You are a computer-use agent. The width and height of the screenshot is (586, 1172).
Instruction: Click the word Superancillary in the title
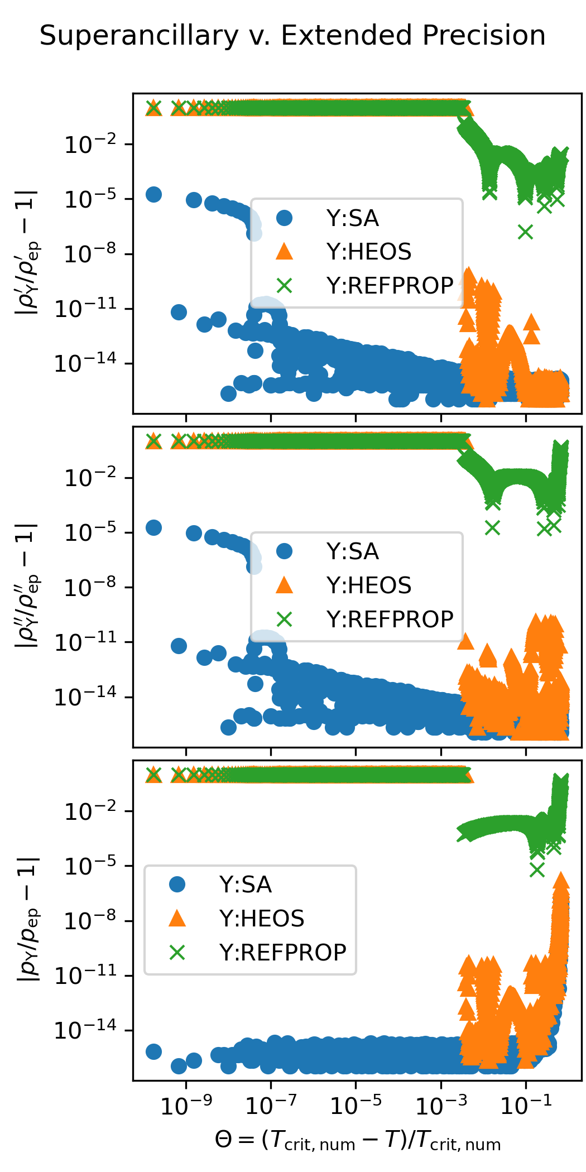139,36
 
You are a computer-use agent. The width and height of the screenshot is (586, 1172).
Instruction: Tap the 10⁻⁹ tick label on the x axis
186,1104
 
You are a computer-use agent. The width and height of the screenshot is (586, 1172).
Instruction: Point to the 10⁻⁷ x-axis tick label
271,1104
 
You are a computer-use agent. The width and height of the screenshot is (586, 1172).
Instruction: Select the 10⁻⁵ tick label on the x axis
356,1104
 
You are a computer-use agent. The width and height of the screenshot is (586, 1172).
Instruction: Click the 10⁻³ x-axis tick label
441,1104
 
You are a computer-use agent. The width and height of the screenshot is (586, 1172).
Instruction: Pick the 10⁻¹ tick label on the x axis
526,1104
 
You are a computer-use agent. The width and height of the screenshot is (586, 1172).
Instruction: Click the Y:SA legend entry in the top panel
353,218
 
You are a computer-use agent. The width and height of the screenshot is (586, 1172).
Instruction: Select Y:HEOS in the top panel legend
369,252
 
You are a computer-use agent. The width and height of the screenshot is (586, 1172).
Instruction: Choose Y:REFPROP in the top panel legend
390,286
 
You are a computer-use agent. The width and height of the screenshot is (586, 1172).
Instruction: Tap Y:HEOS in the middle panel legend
369,585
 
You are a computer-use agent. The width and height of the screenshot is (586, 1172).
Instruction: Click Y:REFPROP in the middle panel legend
390,619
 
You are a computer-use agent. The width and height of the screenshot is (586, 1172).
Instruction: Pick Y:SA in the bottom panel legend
246,885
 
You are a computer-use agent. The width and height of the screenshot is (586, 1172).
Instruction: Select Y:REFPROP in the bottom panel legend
282,952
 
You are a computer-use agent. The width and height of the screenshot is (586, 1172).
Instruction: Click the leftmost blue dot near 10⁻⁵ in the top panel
153,194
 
